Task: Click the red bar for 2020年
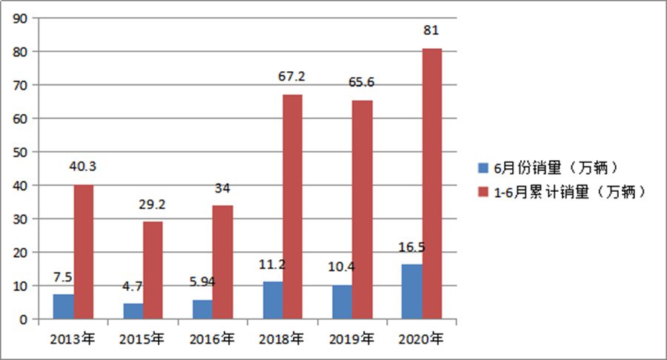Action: click(x=431, y=184)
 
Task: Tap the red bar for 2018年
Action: click(x=292, y=207)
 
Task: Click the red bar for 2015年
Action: click(x=153, y=270)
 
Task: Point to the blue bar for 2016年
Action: click(x=203, y=310)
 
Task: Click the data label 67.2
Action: click(x=291, y=76)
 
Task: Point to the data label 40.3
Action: click(x=82, y=167)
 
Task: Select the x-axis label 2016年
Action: click(x=212, y=340)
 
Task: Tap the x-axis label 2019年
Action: click(x=352, y=340)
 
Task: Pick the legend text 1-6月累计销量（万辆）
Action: click(x=570, y=191)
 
